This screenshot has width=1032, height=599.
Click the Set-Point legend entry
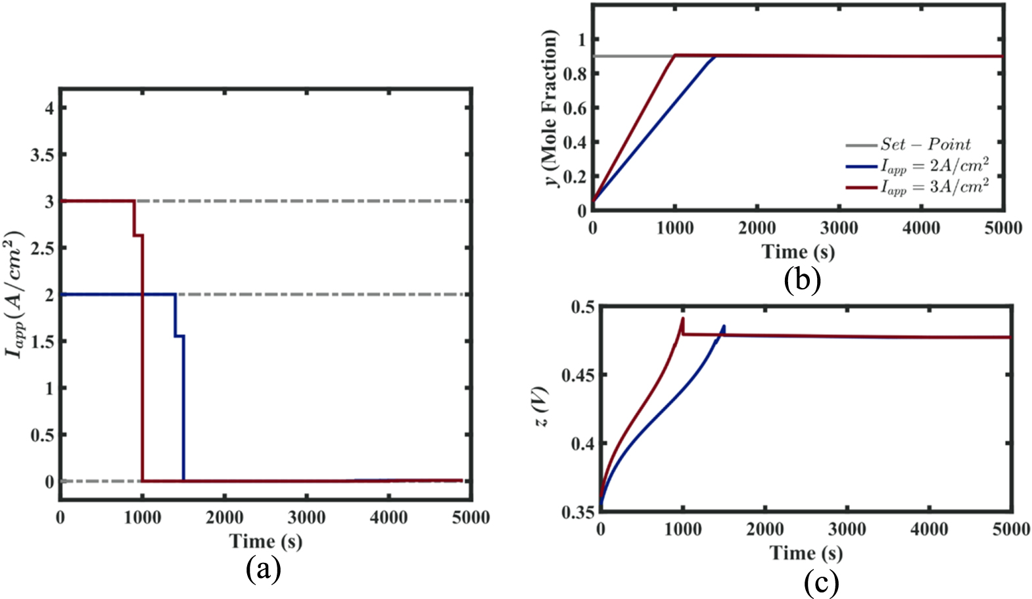pos(926,144)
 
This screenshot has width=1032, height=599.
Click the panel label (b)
pos(802,280)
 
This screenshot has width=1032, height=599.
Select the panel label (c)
pos(820,583)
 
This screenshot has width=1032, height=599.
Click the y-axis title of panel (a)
pos(14,294)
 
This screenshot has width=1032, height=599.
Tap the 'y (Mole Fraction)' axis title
pos(551,108)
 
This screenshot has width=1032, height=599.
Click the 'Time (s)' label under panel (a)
pos(266,541)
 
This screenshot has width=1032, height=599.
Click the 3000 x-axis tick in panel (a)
pos(306,517)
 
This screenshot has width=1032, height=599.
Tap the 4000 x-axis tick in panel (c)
pos(929,529)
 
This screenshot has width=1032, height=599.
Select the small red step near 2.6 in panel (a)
pos(138,235)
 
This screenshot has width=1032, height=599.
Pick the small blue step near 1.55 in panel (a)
pos(179,336)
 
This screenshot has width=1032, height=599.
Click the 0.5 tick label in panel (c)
pos(582,307)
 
